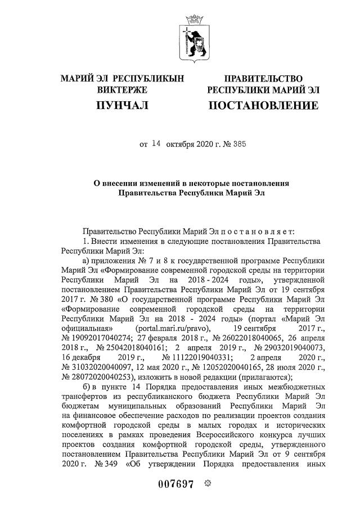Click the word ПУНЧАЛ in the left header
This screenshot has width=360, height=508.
[121, 106]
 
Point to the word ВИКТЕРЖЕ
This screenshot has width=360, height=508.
[122, 90]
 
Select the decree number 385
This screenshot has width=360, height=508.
[237, 144]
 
